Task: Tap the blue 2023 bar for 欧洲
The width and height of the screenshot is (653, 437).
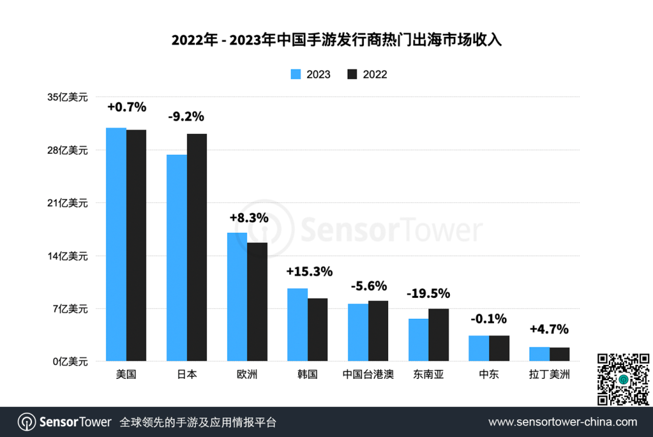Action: [237, 297]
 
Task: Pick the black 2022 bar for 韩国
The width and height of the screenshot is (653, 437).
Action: [317, 330]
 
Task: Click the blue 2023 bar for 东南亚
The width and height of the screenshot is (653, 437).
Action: [418, 340]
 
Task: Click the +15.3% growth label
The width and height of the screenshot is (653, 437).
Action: [309, 272]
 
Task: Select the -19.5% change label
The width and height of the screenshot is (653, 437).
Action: [428, 294]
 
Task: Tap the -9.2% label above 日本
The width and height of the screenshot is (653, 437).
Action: [186, 116]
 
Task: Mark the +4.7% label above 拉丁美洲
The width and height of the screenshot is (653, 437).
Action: [549, 329]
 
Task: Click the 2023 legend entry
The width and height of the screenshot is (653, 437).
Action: [310, 74]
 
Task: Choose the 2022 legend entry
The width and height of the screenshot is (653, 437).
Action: [367, 74]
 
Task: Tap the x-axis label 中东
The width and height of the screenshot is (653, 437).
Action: [489, 375]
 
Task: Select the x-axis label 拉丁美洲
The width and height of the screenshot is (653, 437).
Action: [549, 375]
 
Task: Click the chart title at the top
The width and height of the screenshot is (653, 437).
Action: [337, 41]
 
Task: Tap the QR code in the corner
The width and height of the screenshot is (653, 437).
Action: [623, 379]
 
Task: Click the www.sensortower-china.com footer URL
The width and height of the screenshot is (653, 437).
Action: [562, 422]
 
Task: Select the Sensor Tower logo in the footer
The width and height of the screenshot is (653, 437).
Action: [65, 422]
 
